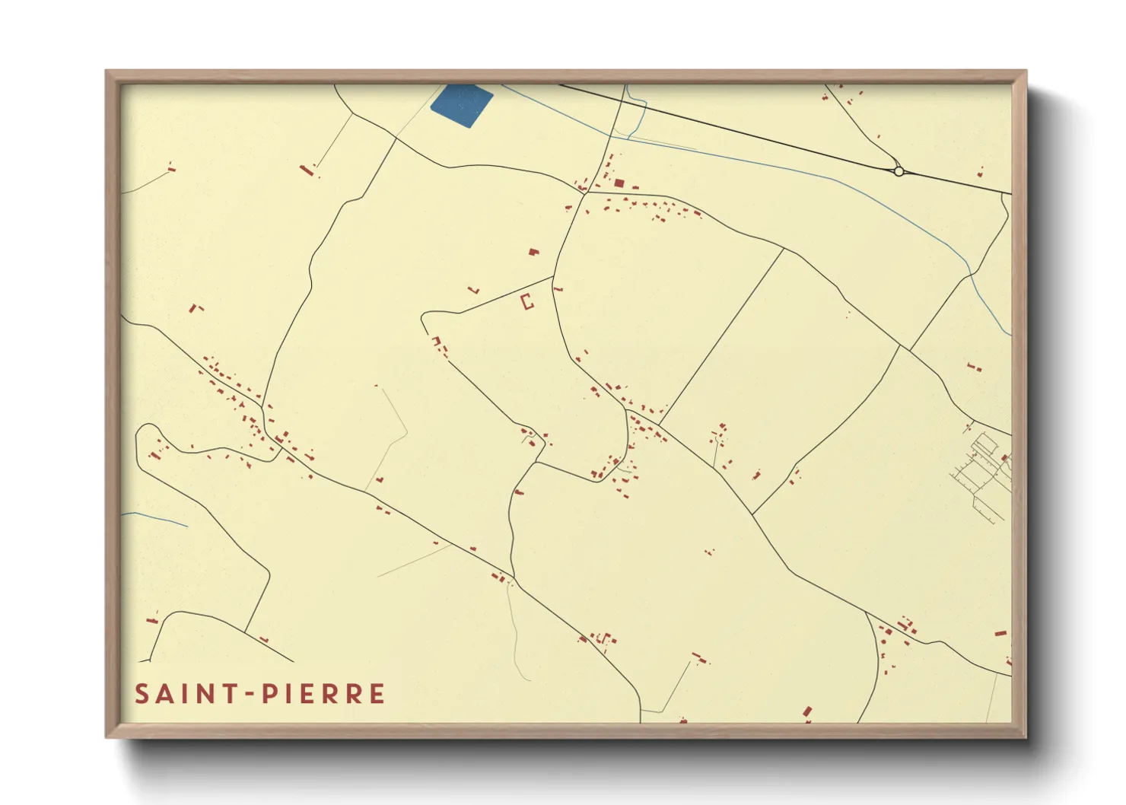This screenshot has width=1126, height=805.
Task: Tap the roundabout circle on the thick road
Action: tap(899, 171)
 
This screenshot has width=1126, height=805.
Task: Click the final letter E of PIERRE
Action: tap(377, 694)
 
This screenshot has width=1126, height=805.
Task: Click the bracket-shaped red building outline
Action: tap(526, 301)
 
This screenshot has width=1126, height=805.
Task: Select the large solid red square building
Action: tap(619, 183)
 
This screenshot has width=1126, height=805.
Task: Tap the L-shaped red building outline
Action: tap(476, 290)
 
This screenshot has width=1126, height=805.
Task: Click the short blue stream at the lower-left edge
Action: tap(155, 518)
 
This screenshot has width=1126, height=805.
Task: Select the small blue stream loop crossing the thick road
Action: tap(636, 114)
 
